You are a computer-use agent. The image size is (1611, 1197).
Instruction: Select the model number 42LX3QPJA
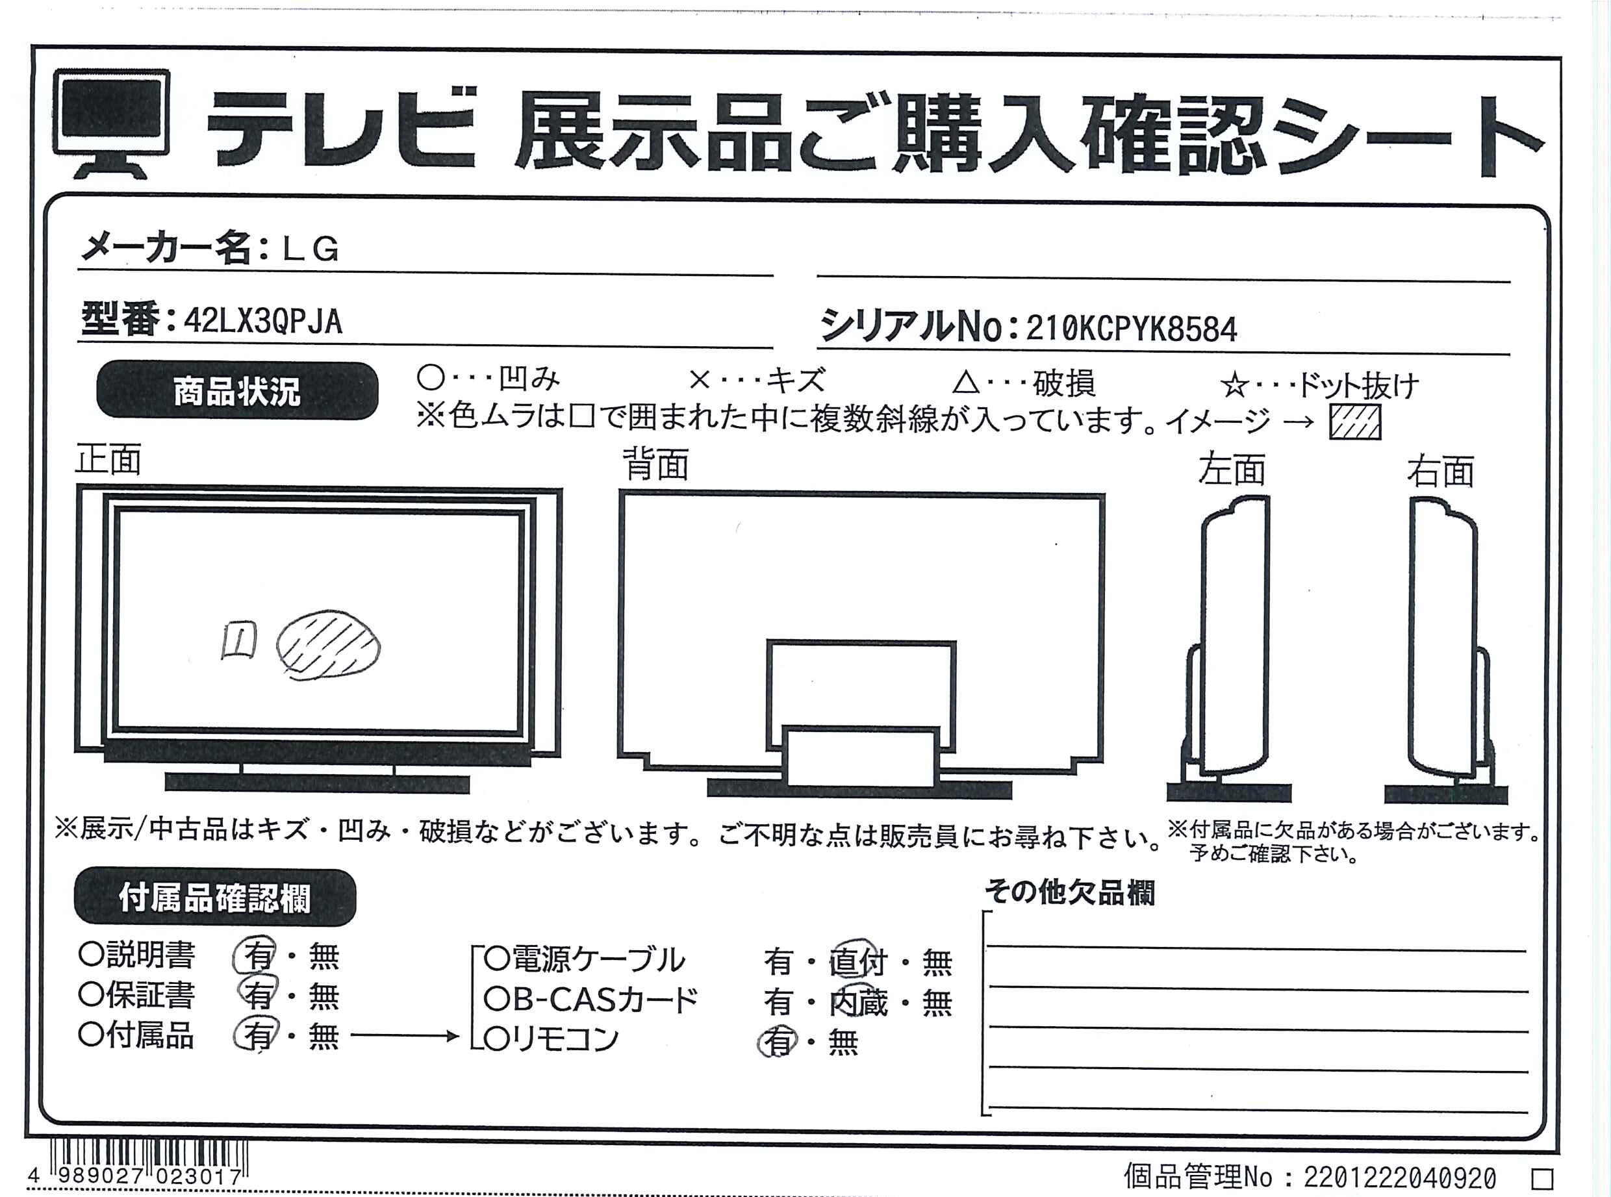(x=263, y=320)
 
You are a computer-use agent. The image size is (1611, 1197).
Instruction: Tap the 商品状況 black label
(x=237, y=390)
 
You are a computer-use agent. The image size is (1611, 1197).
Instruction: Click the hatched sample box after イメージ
(x=1354, y=422)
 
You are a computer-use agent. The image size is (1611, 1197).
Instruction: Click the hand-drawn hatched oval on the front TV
(x=328, y=645)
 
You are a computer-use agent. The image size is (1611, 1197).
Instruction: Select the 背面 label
(x=656, y=464)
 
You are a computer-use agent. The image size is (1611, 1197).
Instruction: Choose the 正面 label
(x=108, y=459)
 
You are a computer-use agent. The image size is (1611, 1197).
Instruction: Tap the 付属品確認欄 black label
(x=214, y=898)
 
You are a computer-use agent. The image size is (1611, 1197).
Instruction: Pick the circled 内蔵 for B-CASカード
(x=858, y=1002)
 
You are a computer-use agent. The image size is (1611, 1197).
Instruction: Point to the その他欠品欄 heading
(x=1069, y=892)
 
